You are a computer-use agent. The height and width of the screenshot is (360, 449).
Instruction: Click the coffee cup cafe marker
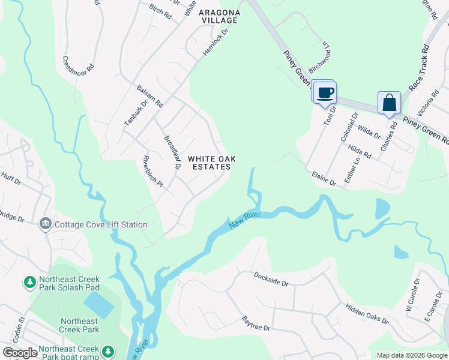coord(325,93)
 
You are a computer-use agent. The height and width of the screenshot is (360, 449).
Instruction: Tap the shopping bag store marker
coord(389,103)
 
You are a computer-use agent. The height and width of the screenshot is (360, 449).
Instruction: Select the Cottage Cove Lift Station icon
coord(45,224)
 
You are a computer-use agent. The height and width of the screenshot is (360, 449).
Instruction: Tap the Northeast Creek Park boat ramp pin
coord(107,350)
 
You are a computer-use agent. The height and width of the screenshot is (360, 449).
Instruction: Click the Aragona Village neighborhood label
coord(219,16)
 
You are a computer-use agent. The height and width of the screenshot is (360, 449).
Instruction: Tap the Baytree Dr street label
coord(256,323)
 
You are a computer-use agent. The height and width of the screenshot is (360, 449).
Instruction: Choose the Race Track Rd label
coord(419,67)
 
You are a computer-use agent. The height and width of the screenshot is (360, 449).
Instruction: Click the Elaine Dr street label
coord(324,178)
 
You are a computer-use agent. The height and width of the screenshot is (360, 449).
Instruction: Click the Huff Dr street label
coord(11,178)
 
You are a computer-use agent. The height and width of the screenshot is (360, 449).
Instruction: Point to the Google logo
coord(20,353)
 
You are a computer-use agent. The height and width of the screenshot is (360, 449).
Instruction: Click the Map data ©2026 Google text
coord(411,355)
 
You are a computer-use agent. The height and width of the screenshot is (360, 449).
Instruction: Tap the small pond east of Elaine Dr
coord(382,209)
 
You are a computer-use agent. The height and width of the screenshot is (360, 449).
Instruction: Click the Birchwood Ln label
coord(320,56)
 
